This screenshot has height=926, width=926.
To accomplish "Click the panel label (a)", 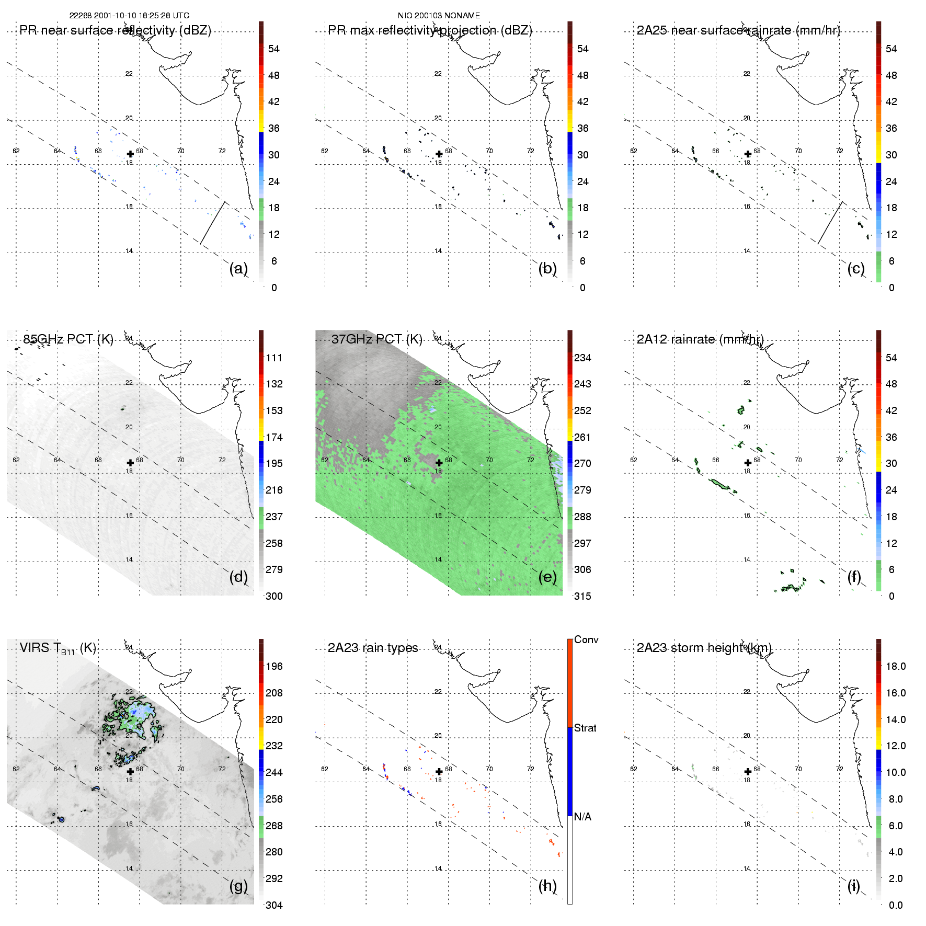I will [x=238, y=268].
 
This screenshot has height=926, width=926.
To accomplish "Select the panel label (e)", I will [x=547, y=577].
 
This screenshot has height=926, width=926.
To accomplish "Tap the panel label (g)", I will [x=238, y=886].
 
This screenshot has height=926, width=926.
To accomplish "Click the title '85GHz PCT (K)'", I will [x=68, y=339].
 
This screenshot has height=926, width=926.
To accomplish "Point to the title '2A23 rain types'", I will [x=373, y=648].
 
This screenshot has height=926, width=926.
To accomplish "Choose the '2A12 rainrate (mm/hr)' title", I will [x=700, y=339].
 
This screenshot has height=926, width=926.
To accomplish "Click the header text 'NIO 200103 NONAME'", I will [x=439, y=16].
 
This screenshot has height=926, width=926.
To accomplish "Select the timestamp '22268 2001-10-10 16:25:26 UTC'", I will [x=129, y=16].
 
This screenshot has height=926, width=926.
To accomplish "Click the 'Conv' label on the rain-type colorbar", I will [x=586, y=639].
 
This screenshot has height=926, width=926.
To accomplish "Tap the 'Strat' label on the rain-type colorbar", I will [x=585, y=728].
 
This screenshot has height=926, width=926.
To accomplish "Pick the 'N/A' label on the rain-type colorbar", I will [x=582, y=817].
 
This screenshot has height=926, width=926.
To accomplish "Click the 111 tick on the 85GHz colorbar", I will [x=274, y=358].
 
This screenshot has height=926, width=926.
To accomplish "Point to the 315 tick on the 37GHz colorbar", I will [x=582, y=596].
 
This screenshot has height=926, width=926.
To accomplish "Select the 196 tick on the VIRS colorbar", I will [x=274, y=666].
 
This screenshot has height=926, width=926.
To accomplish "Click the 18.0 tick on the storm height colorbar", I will [x=896, y=666].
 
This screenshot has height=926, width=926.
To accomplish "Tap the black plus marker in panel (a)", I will [x=130, y=154].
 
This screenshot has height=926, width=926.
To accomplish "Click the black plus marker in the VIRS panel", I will [x=130, y=771].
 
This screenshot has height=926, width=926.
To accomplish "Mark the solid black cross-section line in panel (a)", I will [x=213, y=223].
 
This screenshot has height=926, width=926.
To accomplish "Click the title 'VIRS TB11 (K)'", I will [x=58, y=648].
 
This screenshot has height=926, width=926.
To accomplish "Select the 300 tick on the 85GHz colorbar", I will [x=274, y=596].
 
